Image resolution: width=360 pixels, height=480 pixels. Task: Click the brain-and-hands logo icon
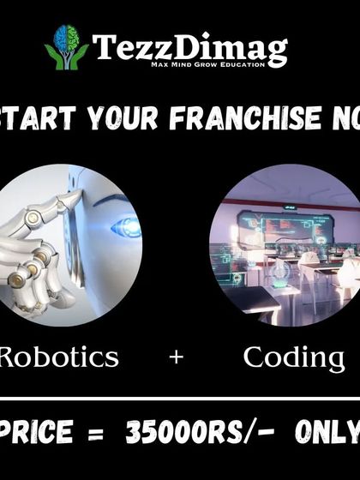click(x=66, y=45)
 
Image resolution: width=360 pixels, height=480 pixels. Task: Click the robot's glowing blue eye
click(x=126, y=227)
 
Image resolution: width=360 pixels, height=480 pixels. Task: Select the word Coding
click(x=293, y=357)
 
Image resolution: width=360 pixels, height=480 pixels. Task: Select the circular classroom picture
click(x=283, y=244)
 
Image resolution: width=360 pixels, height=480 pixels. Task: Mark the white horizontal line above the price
click(x=180, y=400)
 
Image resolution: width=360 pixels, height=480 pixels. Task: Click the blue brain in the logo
click(x=66, y=38)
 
